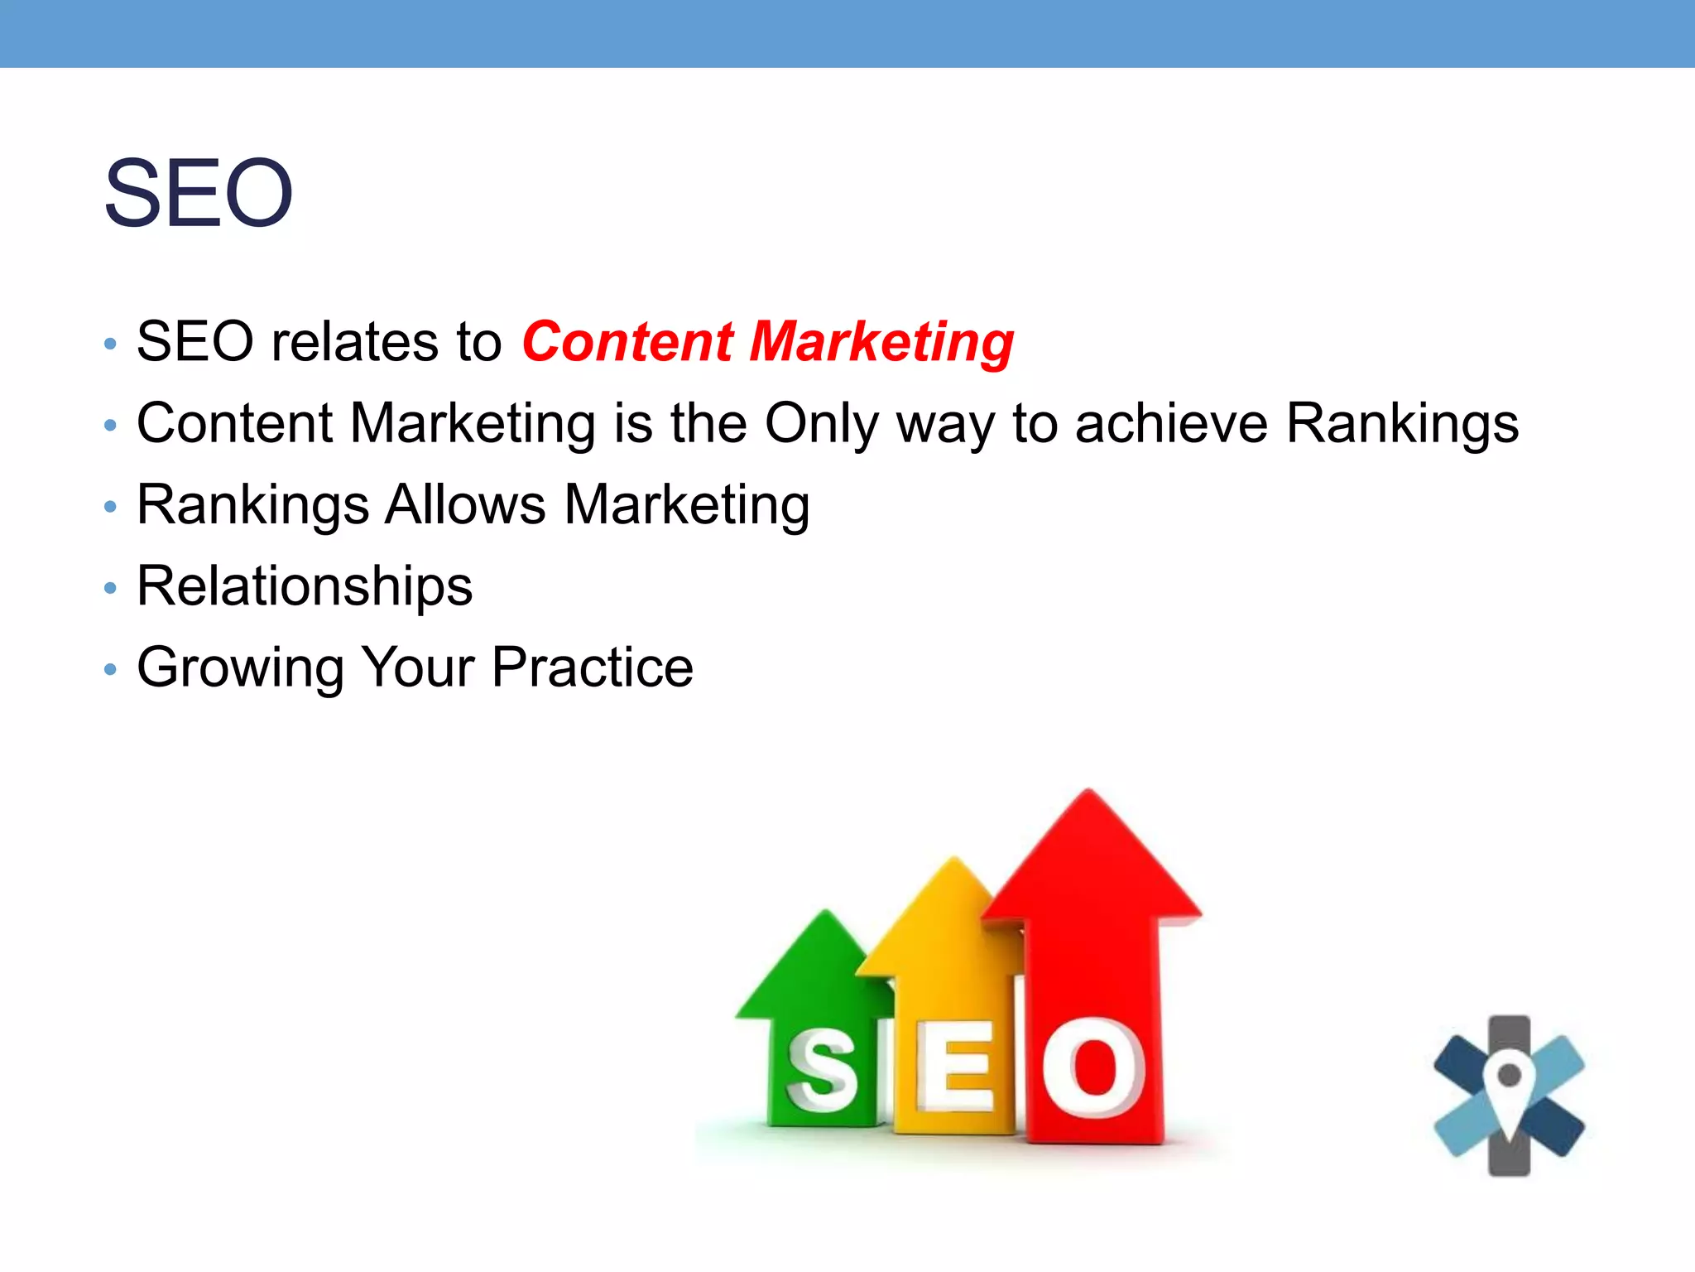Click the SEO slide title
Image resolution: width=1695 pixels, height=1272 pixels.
[x=199, y=194]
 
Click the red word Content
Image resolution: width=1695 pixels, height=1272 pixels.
[x=627, y=341]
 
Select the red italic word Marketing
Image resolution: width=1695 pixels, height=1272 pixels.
[x=881, y=343]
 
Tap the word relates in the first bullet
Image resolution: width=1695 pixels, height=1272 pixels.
[x=356, y=341]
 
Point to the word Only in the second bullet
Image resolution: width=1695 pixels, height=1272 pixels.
[x=820, y=424]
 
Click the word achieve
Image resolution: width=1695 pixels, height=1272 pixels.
[x=1171, y=422]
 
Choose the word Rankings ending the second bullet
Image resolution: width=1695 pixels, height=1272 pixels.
[x=1403, y=424]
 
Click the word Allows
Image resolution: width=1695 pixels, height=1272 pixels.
[x=465, y=504]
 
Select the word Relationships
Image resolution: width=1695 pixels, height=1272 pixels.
[x=305, y=586]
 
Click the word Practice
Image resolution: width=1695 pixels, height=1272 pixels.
[x=592, y=667]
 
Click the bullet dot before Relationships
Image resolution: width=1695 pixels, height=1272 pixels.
[x=110, y=588]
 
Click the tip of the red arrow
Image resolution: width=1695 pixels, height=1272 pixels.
[x=1088, y=793]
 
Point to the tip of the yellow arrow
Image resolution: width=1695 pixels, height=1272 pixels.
[x=954, y=861]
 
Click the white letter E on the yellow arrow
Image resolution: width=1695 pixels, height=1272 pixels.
[x=954, y=1068]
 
